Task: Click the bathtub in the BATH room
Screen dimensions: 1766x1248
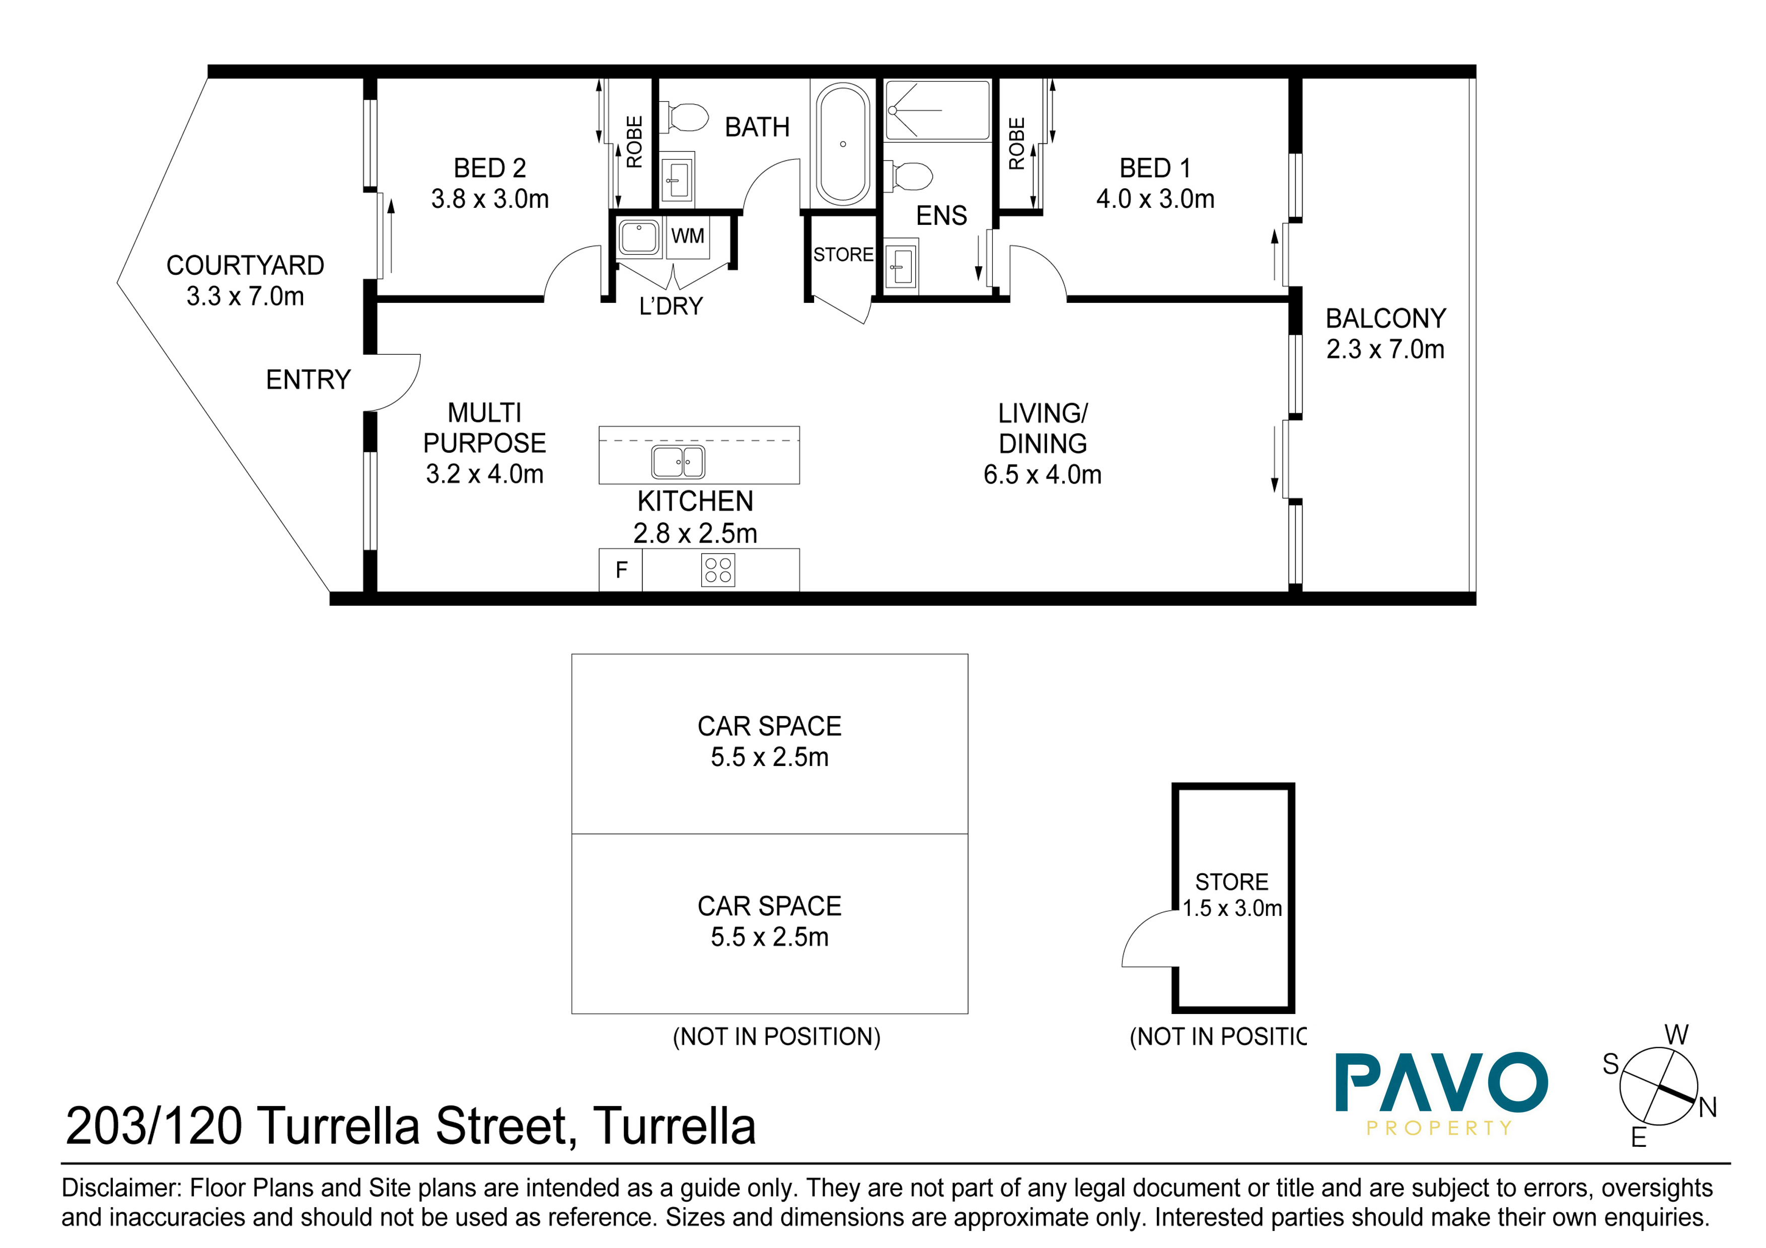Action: (843, 144)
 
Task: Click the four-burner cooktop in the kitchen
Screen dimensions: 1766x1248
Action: (718, 570)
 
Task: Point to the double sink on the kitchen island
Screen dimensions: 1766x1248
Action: (678, 461)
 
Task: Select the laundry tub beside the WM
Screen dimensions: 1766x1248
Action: (638, 237)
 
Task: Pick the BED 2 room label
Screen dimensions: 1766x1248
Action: (489, 168)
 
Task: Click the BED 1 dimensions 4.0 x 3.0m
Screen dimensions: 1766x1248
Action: (1155, 198)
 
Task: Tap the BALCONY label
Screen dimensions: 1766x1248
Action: (1385, 319)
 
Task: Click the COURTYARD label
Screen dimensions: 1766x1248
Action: (245, 265)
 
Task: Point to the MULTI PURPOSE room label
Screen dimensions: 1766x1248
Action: (485, 428)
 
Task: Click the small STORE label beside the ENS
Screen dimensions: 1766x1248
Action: (843, 255)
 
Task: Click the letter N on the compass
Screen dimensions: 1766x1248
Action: (1708, 1107)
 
